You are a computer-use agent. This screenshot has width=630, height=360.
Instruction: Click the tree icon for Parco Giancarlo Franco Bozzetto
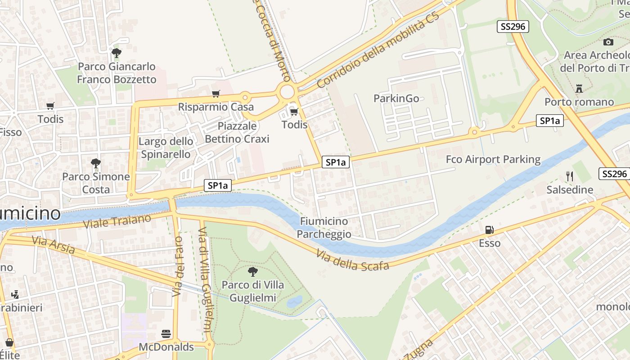click(x=117, y=53)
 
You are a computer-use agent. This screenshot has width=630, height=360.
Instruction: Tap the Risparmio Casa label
click(x=216, y=107)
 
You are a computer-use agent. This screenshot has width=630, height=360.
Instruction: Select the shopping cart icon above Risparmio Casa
click(x=216, y=94)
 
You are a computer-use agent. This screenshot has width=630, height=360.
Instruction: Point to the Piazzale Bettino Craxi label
click(x=237, y=132)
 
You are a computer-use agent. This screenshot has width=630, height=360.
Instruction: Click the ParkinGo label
click(x=396, y=98)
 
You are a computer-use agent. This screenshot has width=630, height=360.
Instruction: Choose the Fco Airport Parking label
click(x=493, y=159)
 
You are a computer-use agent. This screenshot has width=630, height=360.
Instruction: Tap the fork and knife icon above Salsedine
click(x=570, y=176)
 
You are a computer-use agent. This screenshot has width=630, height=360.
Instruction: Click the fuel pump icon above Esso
click(x=489, y=230)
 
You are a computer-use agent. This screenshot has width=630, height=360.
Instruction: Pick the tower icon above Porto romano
click(x=579, y=88)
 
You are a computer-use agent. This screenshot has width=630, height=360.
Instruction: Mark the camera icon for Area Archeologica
click(x=608, y=42)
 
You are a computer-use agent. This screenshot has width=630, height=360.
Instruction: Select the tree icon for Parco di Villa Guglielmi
click(x=253, y=271)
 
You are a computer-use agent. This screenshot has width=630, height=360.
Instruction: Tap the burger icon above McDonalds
click(x=166, y=333)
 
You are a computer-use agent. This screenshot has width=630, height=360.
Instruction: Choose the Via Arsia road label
click(x=53, y=245)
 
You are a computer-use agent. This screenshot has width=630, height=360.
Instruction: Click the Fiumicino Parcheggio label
click(x=324, y=228)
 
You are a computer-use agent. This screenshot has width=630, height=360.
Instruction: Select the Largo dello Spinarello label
click(x=166, y=148)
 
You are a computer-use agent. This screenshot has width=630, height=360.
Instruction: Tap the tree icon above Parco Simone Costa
click(x=96, y=163)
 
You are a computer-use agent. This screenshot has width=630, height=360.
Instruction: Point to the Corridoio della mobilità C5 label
click(x=378, y=51)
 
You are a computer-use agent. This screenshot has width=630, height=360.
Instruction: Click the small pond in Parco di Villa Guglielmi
click(x=294, y=301)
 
